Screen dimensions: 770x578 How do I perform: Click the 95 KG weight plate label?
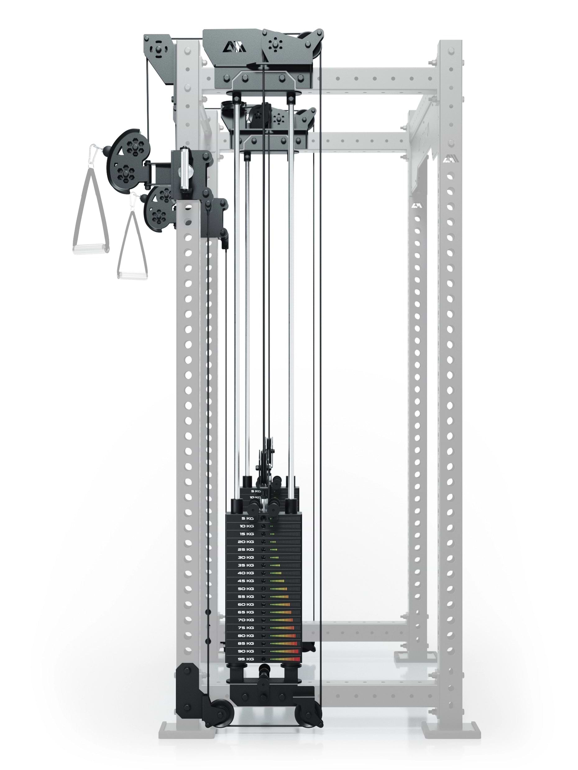pos(245,659)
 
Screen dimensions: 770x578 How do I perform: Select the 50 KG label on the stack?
pos(245,589)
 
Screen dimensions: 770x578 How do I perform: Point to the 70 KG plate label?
pos(245,620)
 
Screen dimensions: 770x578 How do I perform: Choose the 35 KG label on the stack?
pos(245,565)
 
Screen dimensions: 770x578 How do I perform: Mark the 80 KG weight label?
pos(245,636)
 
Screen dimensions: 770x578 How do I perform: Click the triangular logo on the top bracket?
pos(234,47)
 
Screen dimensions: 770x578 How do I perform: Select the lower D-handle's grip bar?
pos(132,275)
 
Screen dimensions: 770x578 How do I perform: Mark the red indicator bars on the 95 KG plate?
pos(296,659)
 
